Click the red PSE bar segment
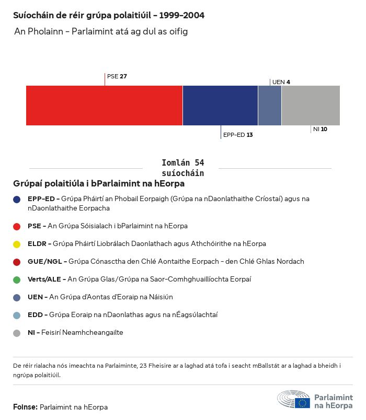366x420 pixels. [x=104, y=105]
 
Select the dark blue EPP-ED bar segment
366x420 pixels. [x=220, y=105]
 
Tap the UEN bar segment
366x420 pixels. [x=270, y=105]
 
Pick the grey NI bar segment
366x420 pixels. [x=311, y=105]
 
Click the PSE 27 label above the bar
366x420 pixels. [x=117, y=76]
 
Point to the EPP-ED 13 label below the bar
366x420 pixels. [x=238, y=135]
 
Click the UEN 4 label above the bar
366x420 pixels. [x=281, y=82]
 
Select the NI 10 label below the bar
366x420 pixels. [x=320, y=129]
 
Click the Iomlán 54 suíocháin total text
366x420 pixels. [x=183, y=168]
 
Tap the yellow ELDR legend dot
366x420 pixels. [x=17, y=244]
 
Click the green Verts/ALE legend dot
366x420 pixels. [x=17, y=279]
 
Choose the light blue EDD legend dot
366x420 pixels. [x=17, y=315]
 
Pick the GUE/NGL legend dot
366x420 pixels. [x=17, y=262]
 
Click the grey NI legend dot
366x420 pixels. [x=17, y=333]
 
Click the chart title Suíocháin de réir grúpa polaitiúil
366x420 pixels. [x=109, y=15]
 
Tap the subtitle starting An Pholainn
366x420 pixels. [x=101, y=31]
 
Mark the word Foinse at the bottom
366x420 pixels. [x=25, y=407]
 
